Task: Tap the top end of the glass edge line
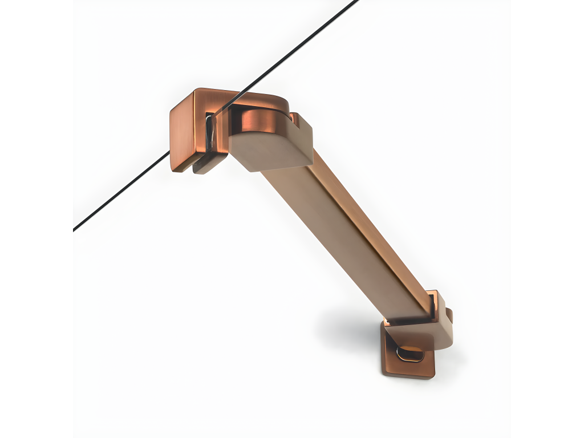coord(356,2)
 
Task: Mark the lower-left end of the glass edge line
coord(75,229)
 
